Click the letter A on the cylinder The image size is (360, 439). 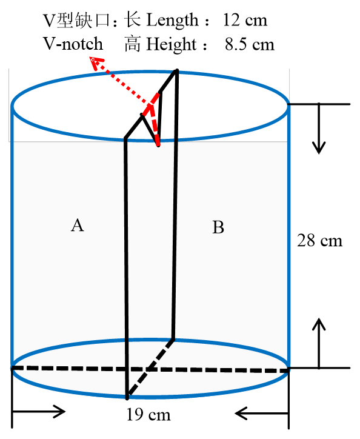pyautogui.click(x=78, y=226)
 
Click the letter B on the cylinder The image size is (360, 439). pyautogui.click(x=218, y=227)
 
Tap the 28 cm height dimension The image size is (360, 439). pyautogui.click(x=319, y=241)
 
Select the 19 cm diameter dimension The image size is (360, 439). pyautogui.click(x=148, y=414)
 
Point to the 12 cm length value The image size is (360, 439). pyautogui.click(x=245, y=20)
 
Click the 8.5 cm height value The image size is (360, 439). pyautogui.click(x=250, y=44)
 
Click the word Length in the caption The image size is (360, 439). pyautogui.click(x=172, y=21)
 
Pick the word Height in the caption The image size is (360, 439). pyautogui.click(x=172, y=44)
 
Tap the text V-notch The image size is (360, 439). pyautogui.click(x=73, y=44)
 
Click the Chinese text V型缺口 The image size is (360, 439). pyautogui.click(x=76, y=20)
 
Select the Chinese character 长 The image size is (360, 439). pyautogui.click(x=132, y=19)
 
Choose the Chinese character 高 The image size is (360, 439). pyautogui.click(x=133, y=44)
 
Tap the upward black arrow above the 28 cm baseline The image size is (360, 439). pyautogui.click(x=319, y=343)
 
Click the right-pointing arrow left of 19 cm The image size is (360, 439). pyautogui.click(x=39, y=412)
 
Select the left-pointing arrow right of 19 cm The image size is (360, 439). pyautogui.click(x=262, y=414)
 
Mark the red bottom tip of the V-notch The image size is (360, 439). pyautogui.click(x=158, y=145)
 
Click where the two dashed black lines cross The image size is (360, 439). pyautogui.click(x=148, y=370)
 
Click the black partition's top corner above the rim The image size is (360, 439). pyautogui.click(x=176, y=70)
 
